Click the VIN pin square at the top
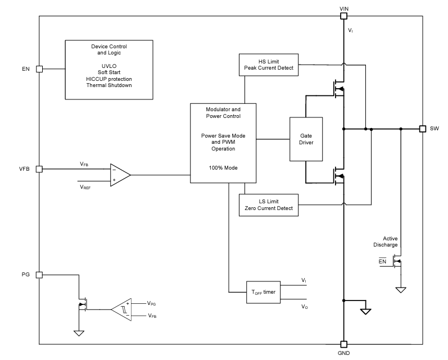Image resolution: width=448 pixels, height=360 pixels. [344, 16]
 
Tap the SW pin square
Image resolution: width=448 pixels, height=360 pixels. [422, 129]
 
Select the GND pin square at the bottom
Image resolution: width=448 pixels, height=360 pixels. [344, 344]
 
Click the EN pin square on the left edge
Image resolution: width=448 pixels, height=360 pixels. [39, 69]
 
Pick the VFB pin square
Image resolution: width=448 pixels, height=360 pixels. [39, 168]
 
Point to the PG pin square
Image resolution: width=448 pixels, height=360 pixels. [39, 275]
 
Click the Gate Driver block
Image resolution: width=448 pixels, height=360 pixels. [306, 139]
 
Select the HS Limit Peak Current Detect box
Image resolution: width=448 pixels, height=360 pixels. [269, 65]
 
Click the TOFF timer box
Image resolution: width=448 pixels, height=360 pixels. [263, 292]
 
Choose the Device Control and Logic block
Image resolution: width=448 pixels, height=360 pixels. [108, 70]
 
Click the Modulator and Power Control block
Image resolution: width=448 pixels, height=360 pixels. [223, 143]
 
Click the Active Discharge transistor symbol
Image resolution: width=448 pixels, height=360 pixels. [398, 262]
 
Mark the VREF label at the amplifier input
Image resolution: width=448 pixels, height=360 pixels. [85, 186]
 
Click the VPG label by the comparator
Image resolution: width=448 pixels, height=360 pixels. [151, 303]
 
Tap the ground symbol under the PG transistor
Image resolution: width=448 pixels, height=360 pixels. [79, 332]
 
